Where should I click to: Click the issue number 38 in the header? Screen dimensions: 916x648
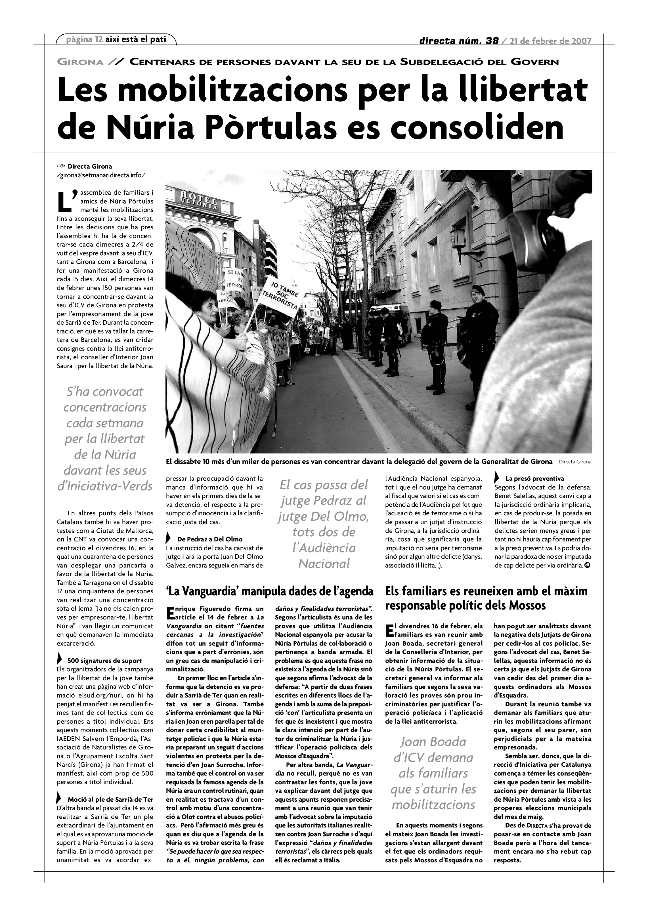coord(490,41)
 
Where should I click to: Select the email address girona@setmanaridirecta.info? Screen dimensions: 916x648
coord(101,175)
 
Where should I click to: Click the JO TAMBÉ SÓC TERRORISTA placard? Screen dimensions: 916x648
coord(284,295)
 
